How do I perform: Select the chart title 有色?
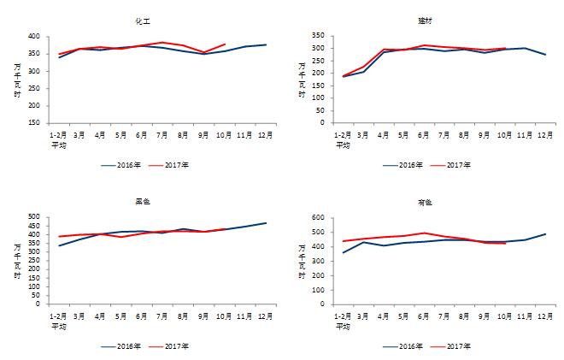(x=425, y=202)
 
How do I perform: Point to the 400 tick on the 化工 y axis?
(x=32, y=36)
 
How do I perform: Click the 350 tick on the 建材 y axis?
(x=317, y=36)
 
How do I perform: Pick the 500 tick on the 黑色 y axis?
(x=32, y=217)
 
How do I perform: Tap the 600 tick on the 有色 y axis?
(x=317, y=218)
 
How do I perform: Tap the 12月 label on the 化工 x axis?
(x=266, y=135)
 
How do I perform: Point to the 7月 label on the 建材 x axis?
(x=444, y=135)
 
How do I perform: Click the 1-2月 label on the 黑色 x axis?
(x=58, y=316)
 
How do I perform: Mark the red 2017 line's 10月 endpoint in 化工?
(x=225, y=44)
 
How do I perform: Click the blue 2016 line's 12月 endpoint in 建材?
(x=546, y=55)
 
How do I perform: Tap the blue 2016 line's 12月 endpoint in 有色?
(x=546, y=233)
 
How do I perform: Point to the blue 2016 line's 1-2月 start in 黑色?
(x=58, y=245)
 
